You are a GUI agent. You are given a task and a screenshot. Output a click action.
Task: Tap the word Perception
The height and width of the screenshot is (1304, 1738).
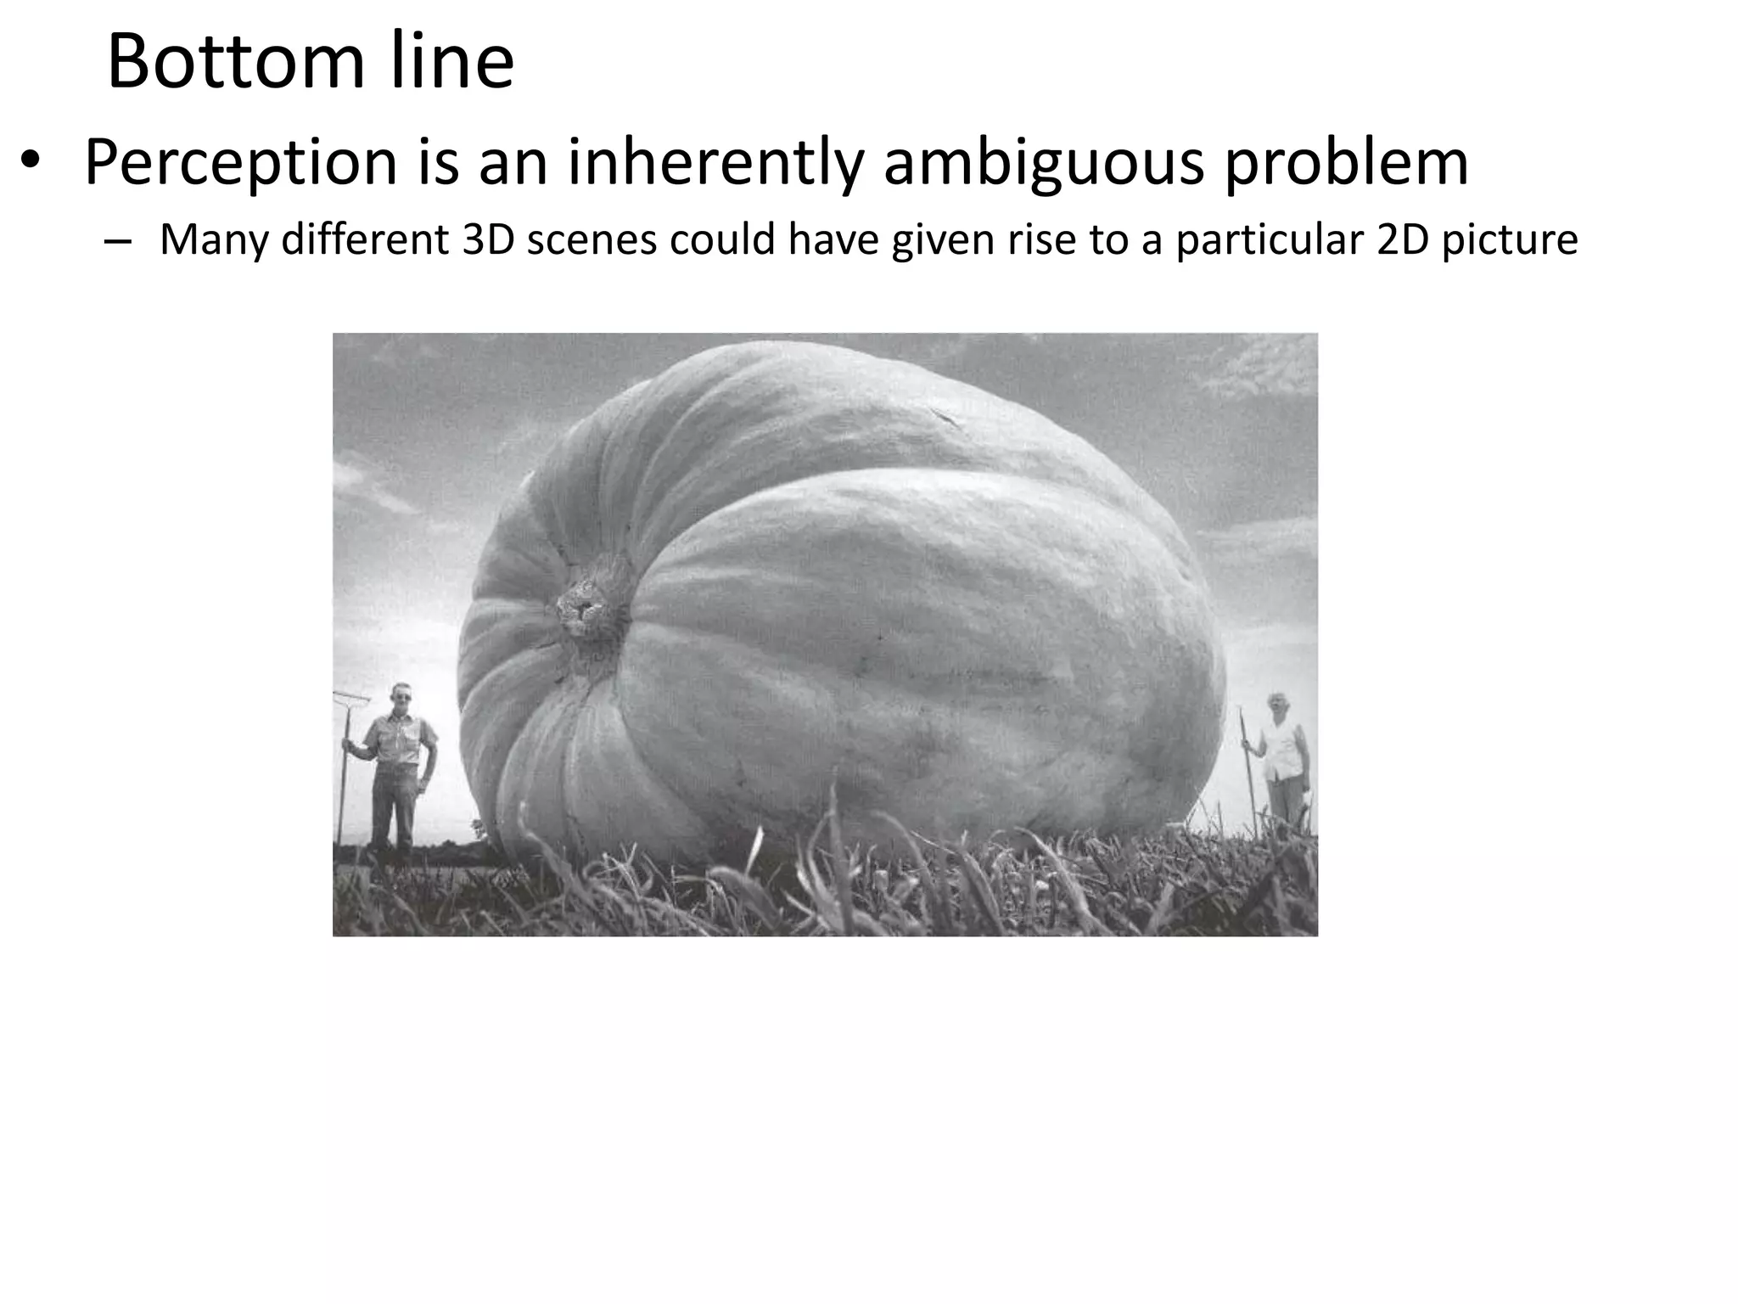tap(241, 163)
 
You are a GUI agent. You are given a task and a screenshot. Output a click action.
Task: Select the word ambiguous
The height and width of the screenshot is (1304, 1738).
tap(1043, 163)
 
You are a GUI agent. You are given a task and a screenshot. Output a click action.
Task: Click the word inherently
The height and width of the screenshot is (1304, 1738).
tap(715, 163)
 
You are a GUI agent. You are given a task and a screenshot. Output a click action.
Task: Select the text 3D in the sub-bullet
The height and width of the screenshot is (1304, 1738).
tap(488, 240)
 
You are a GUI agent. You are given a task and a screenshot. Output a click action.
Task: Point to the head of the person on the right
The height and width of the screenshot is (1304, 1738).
tap(1277, 705)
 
